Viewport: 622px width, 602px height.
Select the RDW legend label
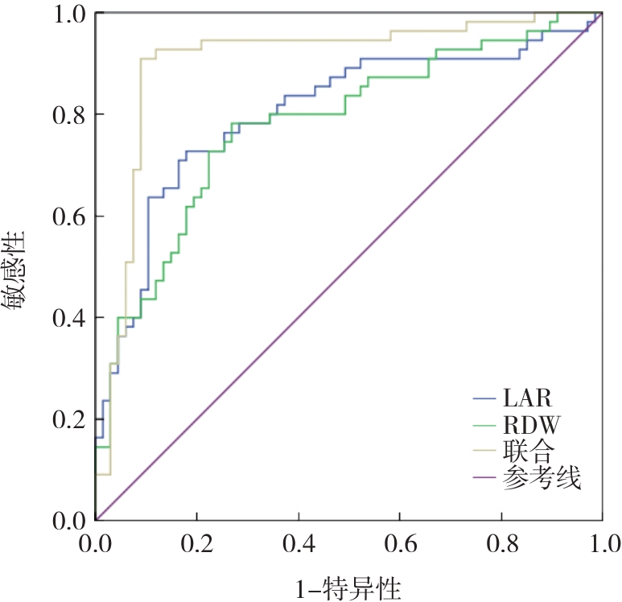532,425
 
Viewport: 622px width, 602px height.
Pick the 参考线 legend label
541,480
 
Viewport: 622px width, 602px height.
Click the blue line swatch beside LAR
485,398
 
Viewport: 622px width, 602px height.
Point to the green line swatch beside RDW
485,425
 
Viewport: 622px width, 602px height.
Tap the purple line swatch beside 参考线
485,480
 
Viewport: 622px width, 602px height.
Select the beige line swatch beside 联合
485,452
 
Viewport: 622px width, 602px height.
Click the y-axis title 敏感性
18,269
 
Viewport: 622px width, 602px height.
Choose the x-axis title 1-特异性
348,583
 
